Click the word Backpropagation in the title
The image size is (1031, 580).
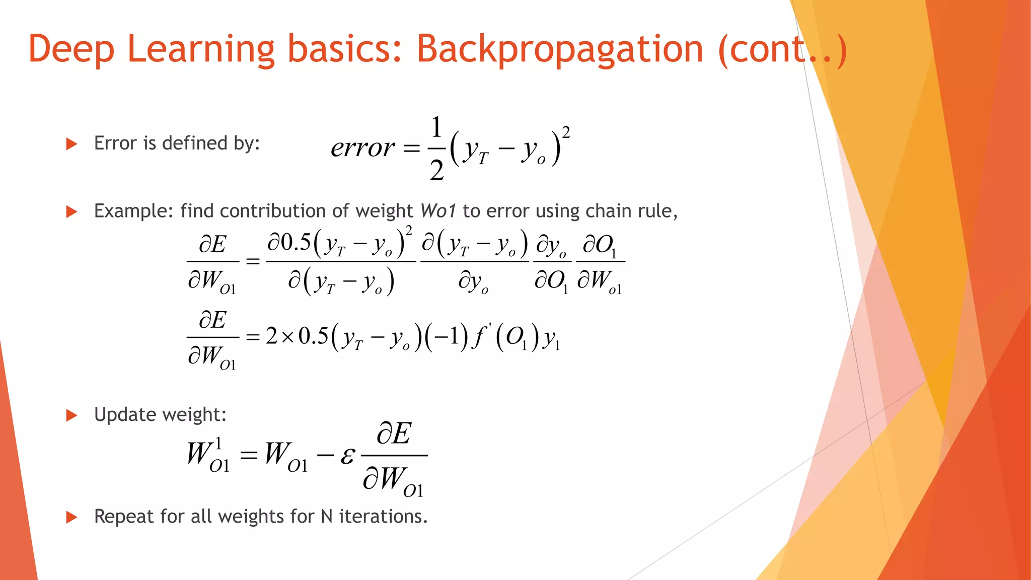(x=559, y=49)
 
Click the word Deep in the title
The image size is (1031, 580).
(x=71, y=49)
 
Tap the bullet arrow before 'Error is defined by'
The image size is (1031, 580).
(x=71, y=144)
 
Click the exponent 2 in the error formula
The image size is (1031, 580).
(x=566, y=132)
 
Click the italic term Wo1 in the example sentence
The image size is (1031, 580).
(x=438, y=211)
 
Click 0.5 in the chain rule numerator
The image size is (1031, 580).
(x=296, y=243)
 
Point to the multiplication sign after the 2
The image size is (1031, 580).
(x=287, y=337)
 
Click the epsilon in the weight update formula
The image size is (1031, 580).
(x=347, y=456)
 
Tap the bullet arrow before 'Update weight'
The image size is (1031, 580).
(x=71, y=415)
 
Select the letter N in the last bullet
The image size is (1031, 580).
(x=326, y=517)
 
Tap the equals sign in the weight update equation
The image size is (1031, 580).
(x=249, y=456)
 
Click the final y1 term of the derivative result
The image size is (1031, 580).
(x=551, y=339)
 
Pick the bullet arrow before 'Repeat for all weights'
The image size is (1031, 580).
(x=71, y=517)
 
